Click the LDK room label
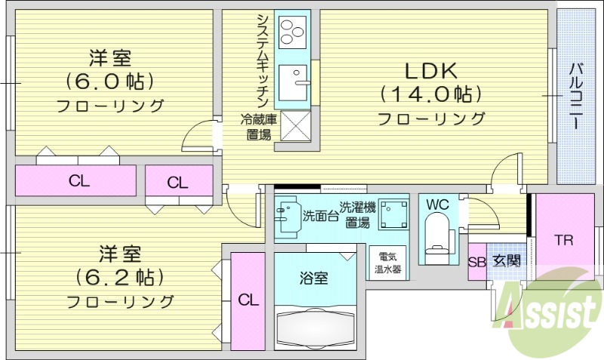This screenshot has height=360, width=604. point(430,71)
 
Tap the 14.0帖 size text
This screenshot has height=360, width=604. point(430,94)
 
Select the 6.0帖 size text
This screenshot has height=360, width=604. point(110,80)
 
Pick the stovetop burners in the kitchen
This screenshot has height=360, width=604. point(291,32)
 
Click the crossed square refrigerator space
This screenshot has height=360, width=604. point(294,125)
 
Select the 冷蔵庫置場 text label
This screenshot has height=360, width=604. point(259,127)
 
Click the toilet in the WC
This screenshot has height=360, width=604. point(437,235)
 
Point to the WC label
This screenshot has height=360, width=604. point(437,204)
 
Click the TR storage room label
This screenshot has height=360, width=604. point(564,242)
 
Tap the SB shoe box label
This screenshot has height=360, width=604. point(476,263)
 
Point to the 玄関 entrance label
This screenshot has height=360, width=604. point(506,262)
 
